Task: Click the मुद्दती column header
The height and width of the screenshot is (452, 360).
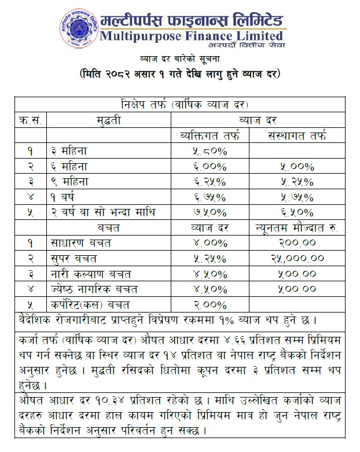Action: (x=109, y=121)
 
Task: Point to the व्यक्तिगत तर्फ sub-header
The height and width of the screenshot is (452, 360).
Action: (x=210, y=137)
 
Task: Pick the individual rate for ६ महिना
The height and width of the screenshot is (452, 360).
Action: (x=210, y=167)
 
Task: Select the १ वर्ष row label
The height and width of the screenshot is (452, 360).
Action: (x=65, y=196)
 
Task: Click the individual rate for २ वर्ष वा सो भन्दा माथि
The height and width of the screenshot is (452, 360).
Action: (x=210, y=211)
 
